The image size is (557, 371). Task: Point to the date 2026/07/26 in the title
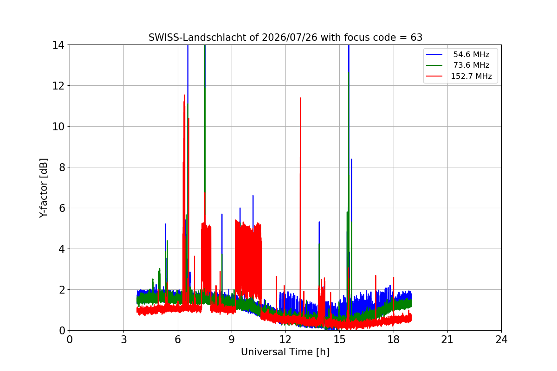click(x=290, y=38)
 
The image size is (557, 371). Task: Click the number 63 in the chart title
click(x=416, y=38)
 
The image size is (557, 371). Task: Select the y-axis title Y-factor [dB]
click(x=44, y=188)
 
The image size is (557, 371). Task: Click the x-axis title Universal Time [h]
click(x=285, y=352)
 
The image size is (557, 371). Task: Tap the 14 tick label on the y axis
click(x=58, y=45)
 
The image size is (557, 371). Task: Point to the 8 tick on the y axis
click(x=62, y=167)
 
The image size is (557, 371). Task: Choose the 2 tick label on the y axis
click(x=62, y=290)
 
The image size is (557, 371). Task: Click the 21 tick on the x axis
click(x=447, y=339)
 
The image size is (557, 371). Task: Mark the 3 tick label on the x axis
click(x=124, y=339)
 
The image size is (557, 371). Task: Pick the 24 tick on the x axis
click(x=501, y=339)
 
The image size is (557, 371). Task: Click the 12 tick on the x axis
click(x=285, y=339)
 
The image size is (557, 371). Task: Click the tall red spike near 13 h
click(x=300, y=199)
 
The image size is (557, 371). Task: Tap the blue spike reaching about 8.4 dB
click(x=351, y=224)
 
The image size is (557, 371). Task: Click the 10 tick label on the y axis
click(x=58, y=127)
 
